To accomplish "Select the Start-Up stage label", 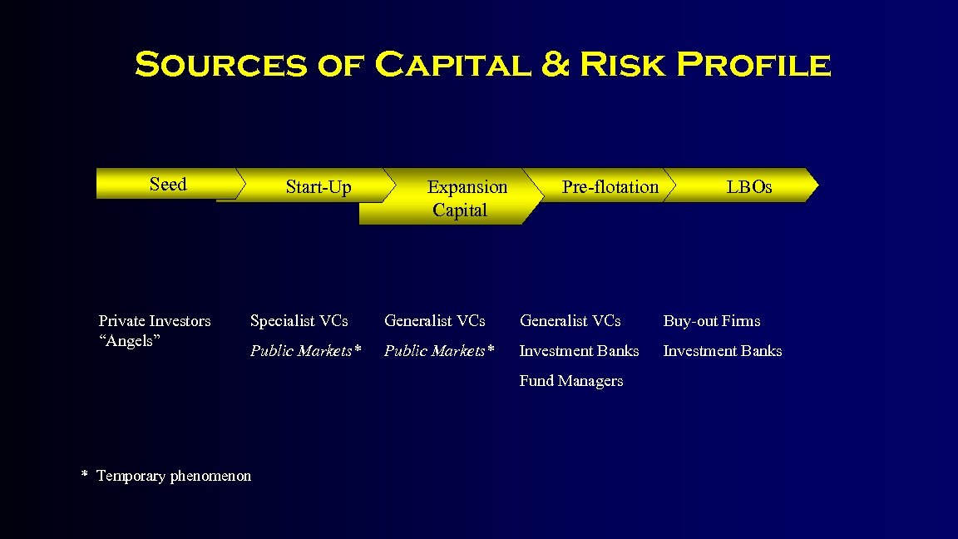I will [x=319, y=187].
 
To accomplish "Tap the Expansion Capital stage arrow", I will [x=462, y=199].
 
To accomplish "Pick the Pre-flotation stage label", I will [x=610, y=187].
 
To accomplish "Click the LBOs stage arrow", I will [x=748, y=187].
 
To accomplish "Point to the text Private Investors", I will [x=155, y=321].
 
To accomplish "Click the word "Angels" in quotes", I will [x=129, y=340].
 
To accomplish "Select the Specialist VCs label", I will [x=299, y=321].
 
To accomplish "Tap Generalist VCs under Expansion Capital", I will [x=435, y=321].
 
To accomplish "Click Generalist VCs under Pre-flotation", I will [x=570, y=321].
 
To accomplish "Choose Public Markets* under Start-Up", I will [x=306, y=351].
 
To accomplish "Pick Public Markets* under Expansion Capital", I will [x=439, y=351].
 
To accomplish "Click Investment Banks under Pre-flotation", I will [x=580, y=351].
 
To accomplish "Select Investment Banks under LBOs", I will [x=723, y=351].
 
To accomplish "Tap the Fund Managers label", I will [x=571, y=381].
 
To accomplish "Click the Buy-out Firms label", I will [x=712, y=321].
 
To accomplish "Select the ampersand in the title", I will [x=555, y=65].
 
